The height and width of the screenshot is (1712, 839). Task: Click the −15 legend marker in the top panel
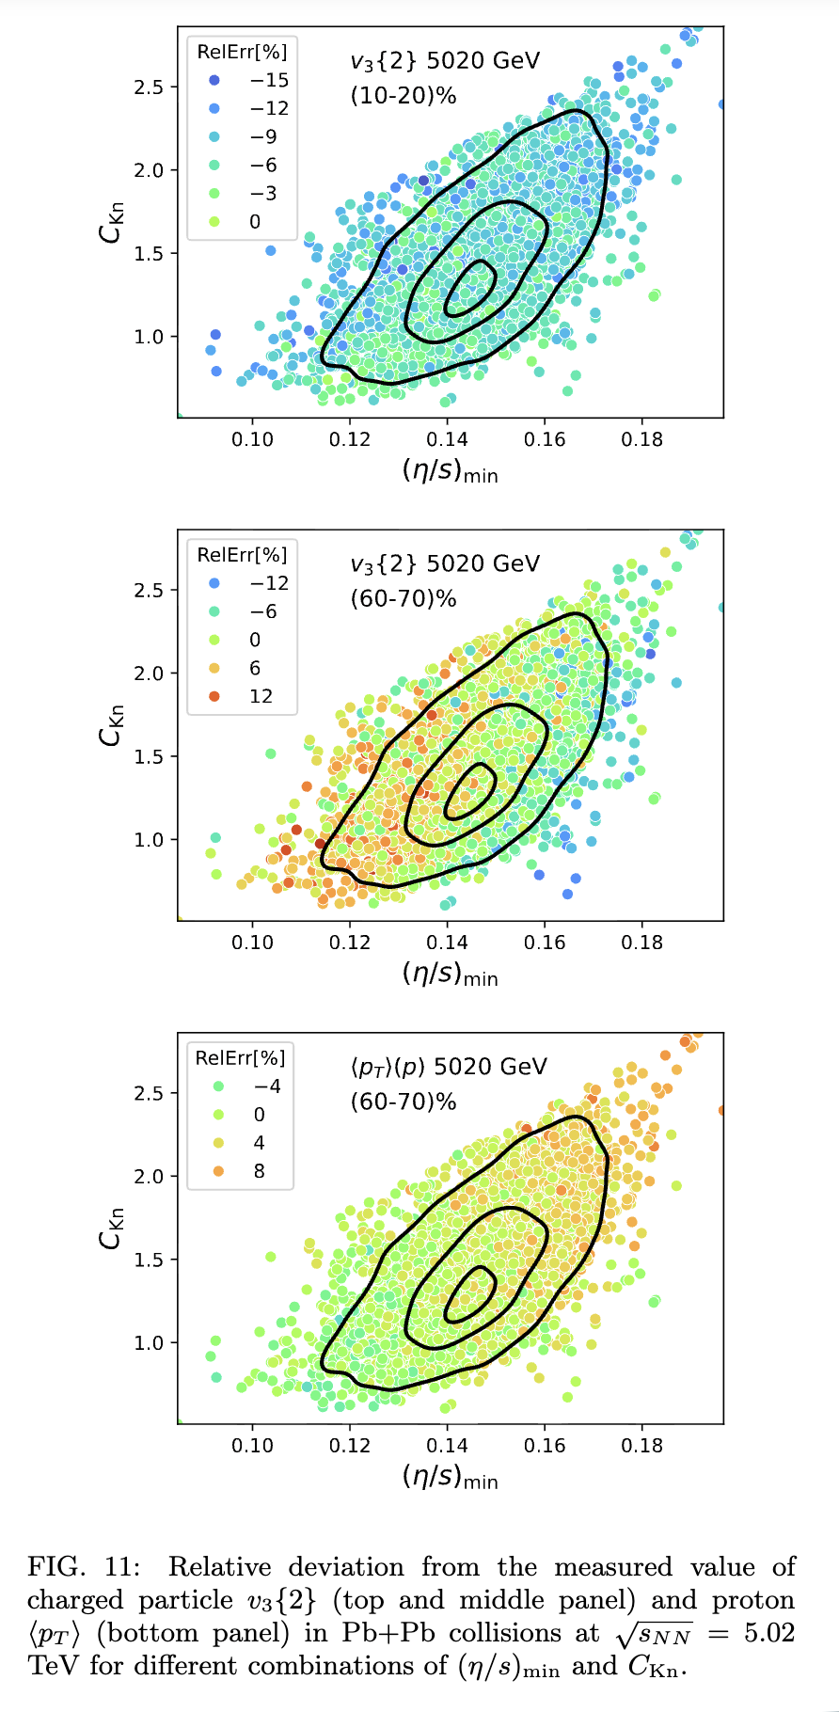(215, 80)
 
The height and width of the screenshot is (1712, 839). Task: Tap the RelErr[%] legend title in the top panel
(242, 52)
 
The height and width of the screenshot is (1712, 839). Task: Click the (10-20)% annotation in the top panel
(403, 95)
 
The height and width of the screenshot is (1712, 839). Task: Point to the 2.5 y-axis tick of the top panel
(149, 87)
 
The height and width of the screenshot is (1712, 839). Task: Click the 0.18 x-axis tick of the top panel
(641, 439)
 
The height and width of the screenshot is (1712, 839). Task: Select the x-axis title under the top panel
(450, 470)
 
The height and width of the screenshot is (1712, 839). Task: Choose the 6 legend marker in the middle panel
(215, 668)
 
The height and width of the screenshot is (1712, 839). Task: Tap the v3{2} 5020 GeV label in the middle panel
(445, 563)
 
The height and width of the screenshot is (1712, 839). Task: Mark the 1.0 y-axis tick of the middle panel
(149, 840)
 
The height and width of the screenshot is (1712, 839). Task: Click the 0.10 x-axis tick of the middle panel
(252, 943)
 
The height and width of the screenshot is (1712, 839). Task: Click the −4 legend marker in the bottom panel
(218, 1086)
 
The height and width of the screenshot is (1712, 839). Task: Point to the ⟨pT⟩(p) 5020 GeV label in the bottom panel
(448, 1067)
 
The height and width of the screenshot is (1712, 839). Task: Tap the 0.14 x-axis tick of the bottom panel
(447, 1446)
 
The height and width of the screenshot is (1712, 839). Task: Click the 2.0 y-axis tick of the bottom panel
(149, 1177)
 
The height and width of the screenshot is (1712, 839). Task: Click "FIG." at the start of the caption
(55, 1567)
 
